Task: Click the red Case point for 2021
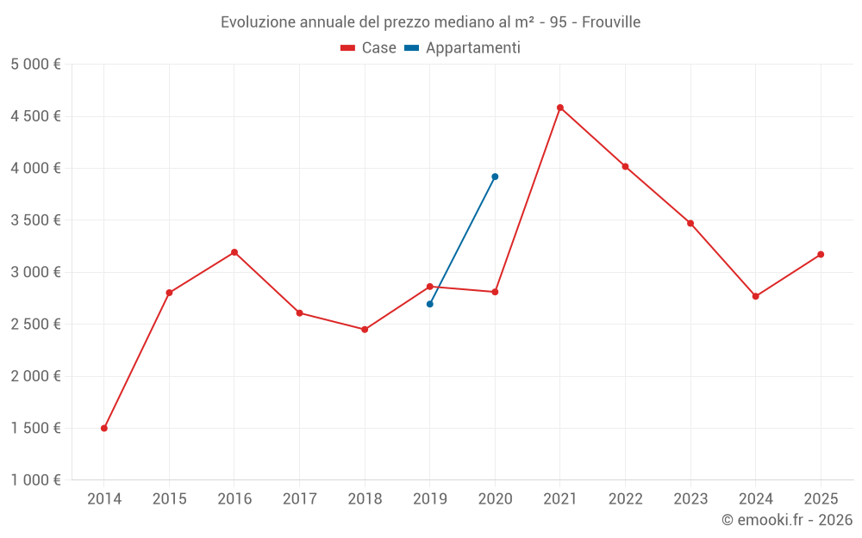point(560,108)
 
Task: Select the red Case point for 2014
point(104,428)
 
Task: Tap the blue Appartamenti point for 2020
point(495,176)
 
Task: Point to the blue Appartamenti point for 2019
point(430,304)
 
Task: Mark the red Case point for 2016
point(234,252)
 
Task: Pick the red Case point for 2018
point(365,330)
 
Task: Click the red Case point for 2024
point(756,296)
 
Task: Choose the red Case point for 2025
point(821,254)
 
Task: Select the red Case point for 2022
point(626,166)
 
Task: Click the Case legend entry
point(369,48)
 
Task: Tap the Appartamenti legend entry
point(463,48)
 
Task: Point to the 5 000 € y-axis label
point(35,65)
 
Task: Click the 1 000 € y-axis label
point(35,480)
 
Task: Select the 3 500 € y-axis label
point(35,220)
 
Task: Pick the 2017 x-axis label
point(299,498)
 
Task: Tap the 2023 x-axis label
point(690,498)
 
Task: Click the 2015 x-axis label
point(169,498)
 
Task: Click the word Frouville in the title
point(611,22)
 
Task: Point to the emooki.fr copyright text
point(787,520)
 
